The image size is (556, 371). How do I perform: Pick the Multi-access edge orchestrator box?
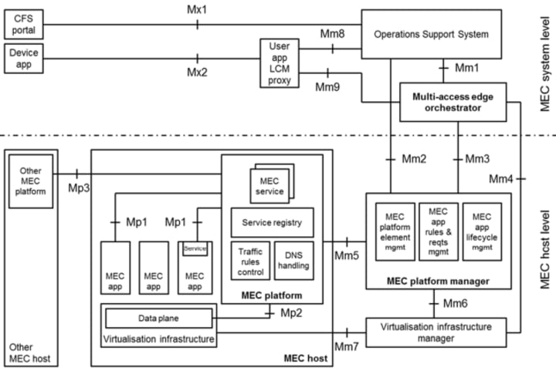tap(452, 102)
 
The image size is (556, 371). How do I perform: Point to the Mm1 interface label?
tap(466, 69)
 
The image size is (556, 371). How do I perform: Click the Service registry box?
tap(272, 222)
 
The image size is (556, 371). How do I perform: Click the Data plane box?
tap(158, 318)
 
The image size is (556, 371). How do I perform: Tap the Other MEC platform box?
tap(31, 180)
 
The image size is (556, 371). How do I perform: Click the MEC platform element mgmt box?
tap(395, 231)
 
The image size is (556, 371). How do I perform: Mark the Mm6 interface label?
tap(456, 303)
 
